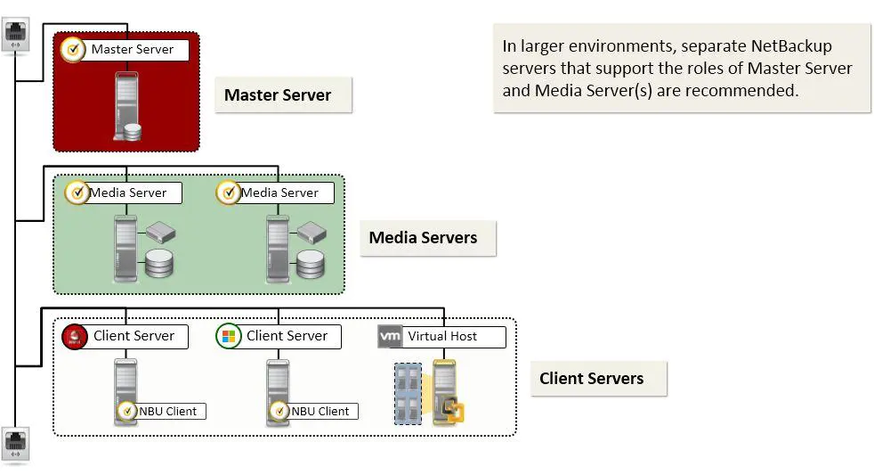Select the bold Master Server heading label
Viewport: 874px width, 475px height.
278,95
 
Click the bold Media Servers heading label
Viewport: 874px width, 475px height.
423,238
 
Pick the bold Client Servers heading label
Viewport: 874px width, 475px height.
591,379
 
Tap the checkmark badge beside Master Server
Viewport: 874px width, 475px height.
74,49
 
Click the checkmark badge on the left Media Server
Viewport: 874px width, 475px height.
77,192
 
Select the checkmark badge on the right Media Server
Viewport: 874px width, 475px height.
229,192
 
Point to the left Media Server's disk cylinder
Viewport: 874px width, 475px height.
159,263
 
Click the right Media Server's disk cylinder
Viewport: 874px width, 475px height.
311,263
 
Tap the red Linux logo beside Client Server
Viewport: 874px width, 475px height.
73,337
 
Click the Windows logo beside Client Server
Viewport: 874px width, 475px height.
229,337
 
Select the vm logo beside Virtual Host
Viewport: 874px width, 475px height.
390,337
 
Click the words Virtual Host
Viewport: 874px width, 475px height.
442,337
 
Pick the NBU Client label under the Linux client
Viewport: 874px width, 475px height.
168,411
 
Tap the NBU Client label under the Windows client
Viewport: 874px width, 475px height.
320,411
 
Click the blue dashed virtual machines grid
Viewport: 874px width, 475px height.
408,393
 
